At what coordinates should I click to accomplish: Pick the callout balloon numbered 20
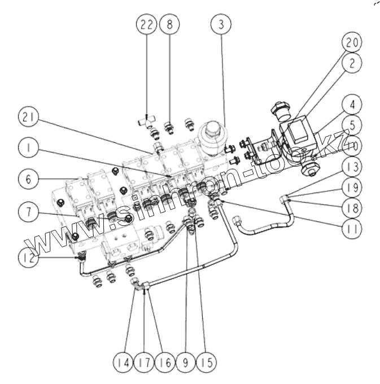[x=352, y=42]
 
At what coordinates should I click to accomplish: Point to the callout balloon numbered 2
[x=352, y=64]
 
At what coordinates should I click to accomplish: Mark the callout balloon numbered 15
[x=207, y=360]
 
